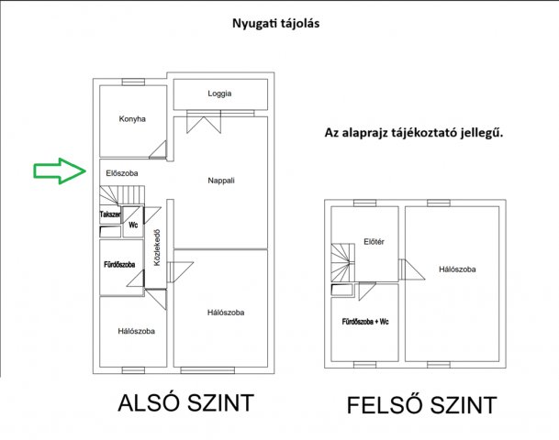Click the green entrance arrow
60,170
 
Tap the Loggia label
219,93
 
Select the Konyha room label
132,119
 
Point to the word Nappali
221,181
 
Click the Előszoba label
122,173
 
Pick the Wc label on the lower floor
133,225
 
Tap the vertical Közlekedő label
157,247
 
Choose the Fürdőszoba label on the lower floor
119,265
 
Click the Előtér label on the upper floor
374,242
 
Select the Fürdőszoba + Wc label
365,322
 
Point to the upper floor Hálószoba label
457,269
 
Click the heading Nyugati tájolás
276,24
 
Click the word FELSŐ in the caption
386,405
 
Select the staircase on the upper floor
343,263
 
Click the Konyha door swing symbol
158,149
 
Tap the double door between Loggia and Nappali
204,122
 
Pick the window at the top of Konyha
133,82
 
